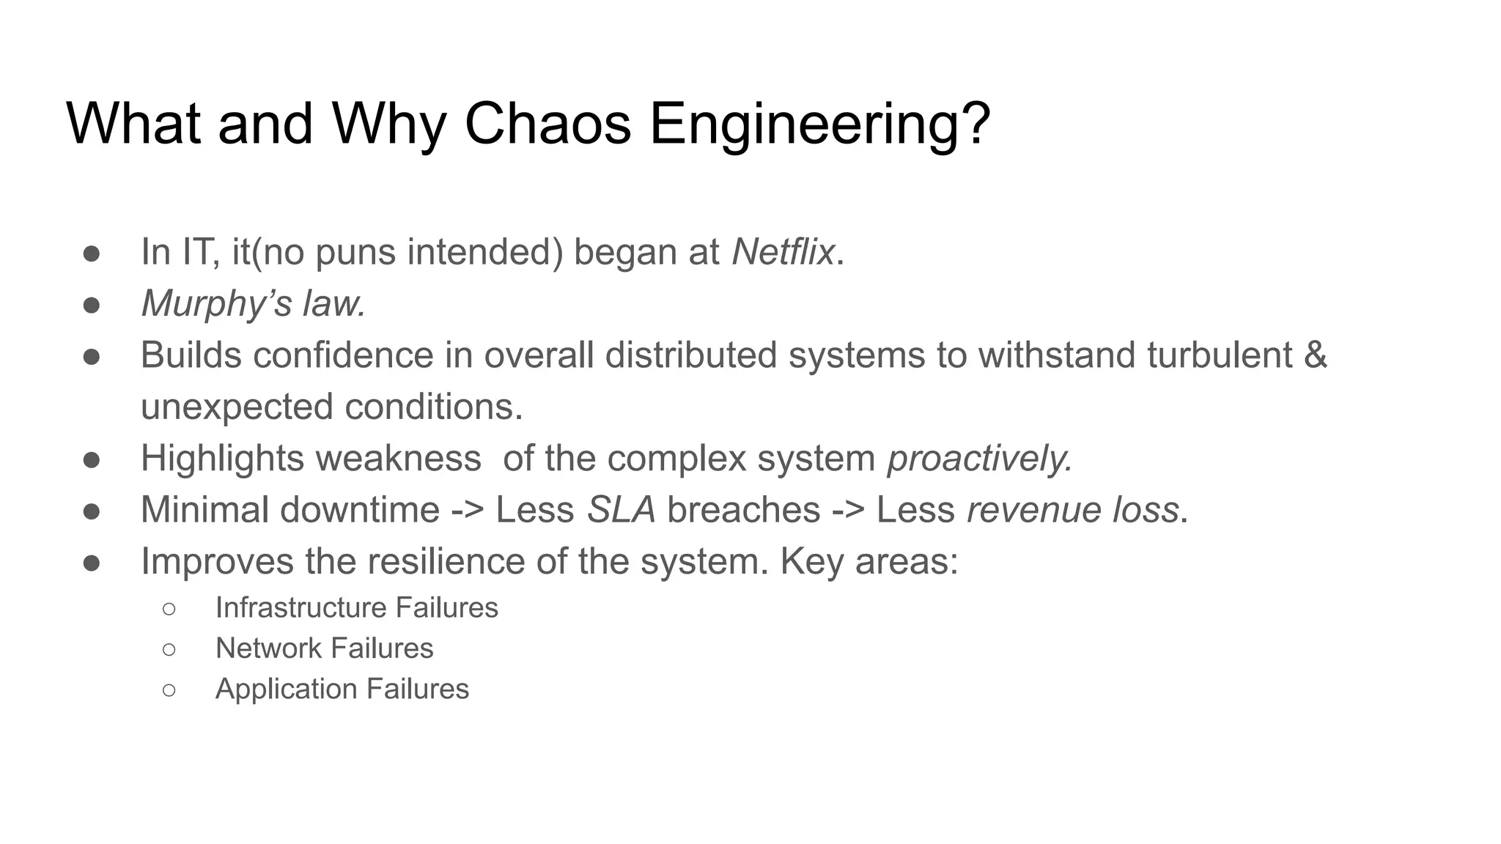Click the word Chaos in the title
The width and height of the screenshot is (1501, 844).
pos(547,123)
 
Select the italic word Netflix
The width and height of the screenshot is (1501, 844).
pos(783,252)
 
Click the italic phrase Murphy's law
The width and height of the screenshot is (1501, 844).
pos(253,303)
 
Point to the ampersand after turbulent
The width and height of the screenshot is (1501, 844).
pos(1316,355)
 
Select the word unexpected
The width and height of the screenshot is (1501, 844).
pos(237,407)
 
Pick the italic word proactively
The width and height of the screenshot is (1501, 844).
pos(979,459)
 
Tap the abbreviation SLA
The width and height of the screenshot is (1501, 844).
pos(621,510)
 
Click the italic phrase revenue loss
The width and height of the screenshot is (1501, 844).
pos(1072,510)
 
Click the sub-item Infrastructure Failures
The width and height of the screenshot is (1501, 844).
pos(356,607)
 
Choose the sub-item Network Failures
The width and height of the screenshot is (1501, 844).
pos(324,648)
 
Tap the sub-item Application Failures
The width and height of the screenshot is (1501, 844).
pos(342,689)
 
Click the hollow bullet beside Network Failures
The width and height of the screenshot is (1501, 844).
pos(169,649)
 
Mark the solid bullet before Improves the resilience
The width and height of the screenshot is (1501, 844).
pos(92,563)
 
